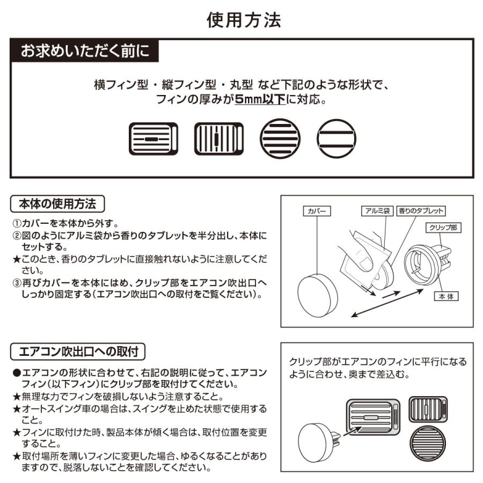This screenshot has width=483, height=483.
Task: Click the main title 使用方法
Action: tap(244, 20)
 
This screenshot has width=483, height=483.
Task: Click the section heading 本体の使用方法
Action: tap(57, 204)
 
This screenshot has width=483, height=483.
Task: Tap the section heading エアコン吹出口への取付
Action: tap(78, 352)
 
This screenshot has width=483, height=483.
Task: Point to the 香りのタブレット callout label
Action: tap(421, 211)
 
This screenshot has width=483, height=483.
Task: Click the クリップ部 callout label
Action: tap(443, 228)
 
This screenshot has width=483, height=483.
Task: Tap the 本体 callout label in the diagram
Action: tap(447, 296)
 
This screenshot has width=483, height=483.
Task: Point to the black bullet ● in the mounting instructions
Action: tap(17, 372)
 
